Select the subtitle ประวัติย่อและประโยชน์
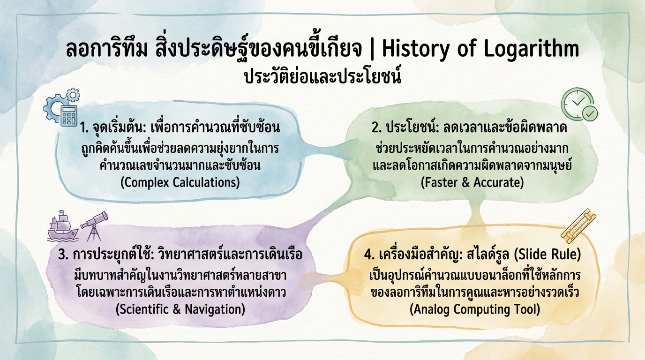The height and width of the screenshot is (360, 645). (322, 76)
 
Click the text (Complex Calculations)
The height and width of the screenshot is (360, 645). (180, 182)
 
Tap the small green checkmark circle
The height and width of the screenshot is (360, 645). (589, 112)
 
